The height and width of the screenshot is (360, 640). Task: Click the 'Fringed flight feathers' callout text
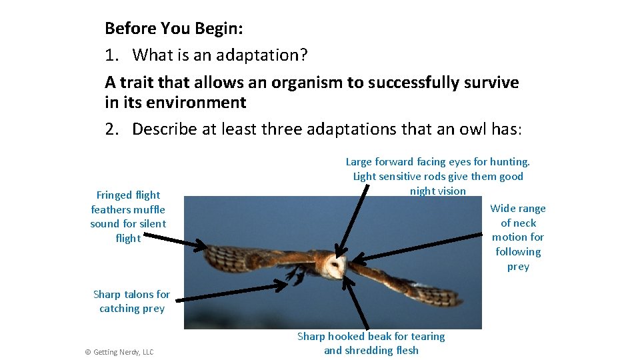(128, 217)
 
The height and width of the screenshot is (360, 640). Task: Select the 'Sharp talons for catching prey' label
(131, 301)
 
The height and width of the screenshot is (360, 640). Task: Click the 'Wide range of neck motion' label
(518, 237)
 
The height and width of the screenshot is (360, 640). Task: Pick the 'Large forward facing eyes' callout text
(437, 176)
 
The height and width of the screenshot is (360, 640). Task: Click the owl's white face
(337, 268)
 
